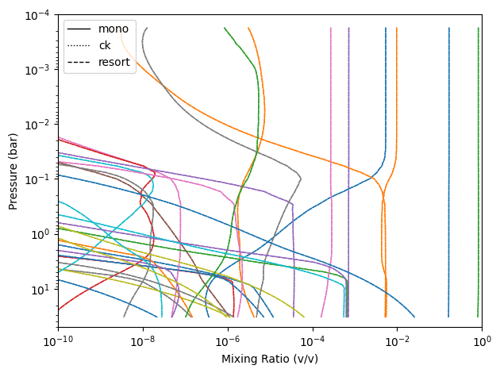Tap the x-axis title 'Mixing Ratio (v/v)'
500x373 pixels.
(269, 359)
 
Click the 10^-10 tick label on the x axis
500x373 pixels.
(57, 340)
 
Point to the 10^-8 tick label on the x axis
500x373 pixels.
(143, 340)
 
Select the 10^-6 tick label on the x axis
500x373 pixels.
(228, 340)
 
